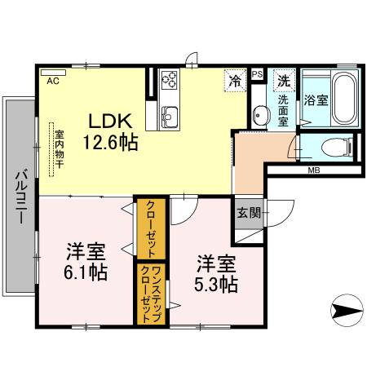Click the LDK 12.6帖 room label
109,130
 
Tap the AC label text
53,82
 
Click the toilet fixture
337,148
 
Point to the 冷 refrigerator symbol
234,81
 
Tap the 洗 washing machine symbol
283,81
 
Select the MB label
313,171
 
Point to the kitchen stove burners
171,80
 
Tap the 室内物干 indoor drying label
59,148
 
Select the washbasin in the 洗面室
259,115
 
